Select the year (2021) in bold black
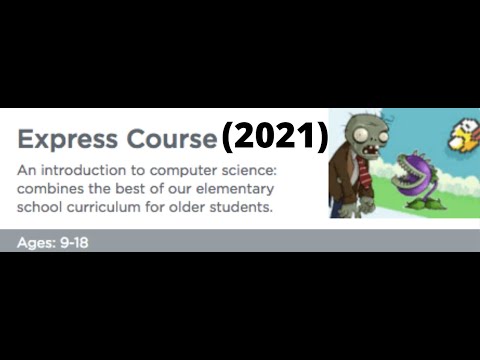point(275,137)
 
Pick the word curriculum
point(107,207)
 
